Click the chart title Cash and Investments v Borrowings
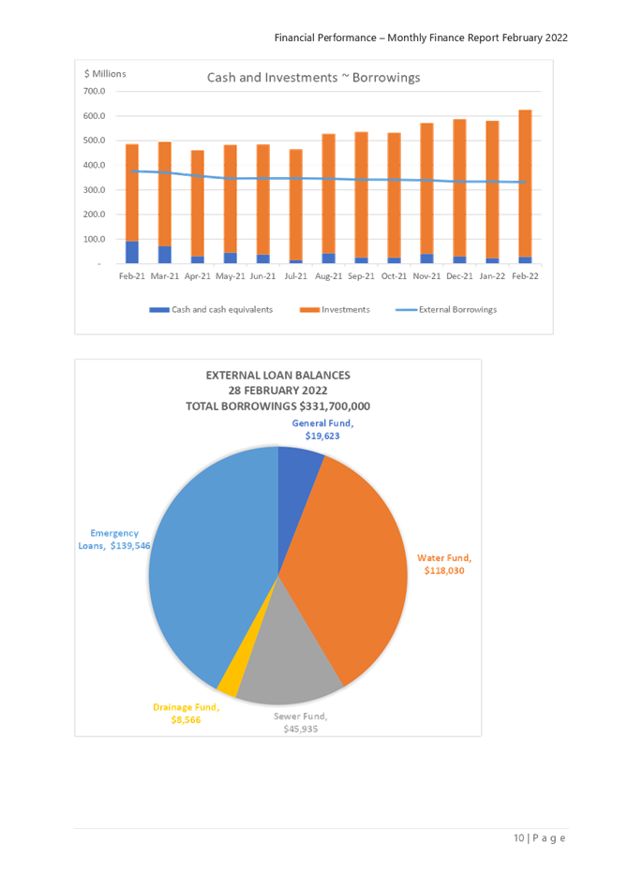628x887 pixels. point(314,78)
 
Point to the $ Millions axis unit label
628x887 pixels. point(105,72)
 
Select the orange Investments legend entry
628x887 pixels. point(335,309)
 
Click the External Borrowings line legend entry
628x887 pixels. point(446,309)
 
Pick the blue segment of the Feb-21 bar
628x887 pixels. point(132,251)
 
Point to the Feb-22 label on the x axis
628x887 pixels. point(525,275)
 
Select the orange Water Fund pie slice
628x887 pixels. point(356,562)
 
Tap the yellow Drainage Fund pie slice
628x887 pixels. point(228,687)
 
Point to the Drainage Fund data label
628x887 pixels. point(186,713)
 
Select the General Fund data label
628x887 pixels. point(321,429)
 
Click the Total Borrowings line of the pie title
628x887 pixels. point(278,406)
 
